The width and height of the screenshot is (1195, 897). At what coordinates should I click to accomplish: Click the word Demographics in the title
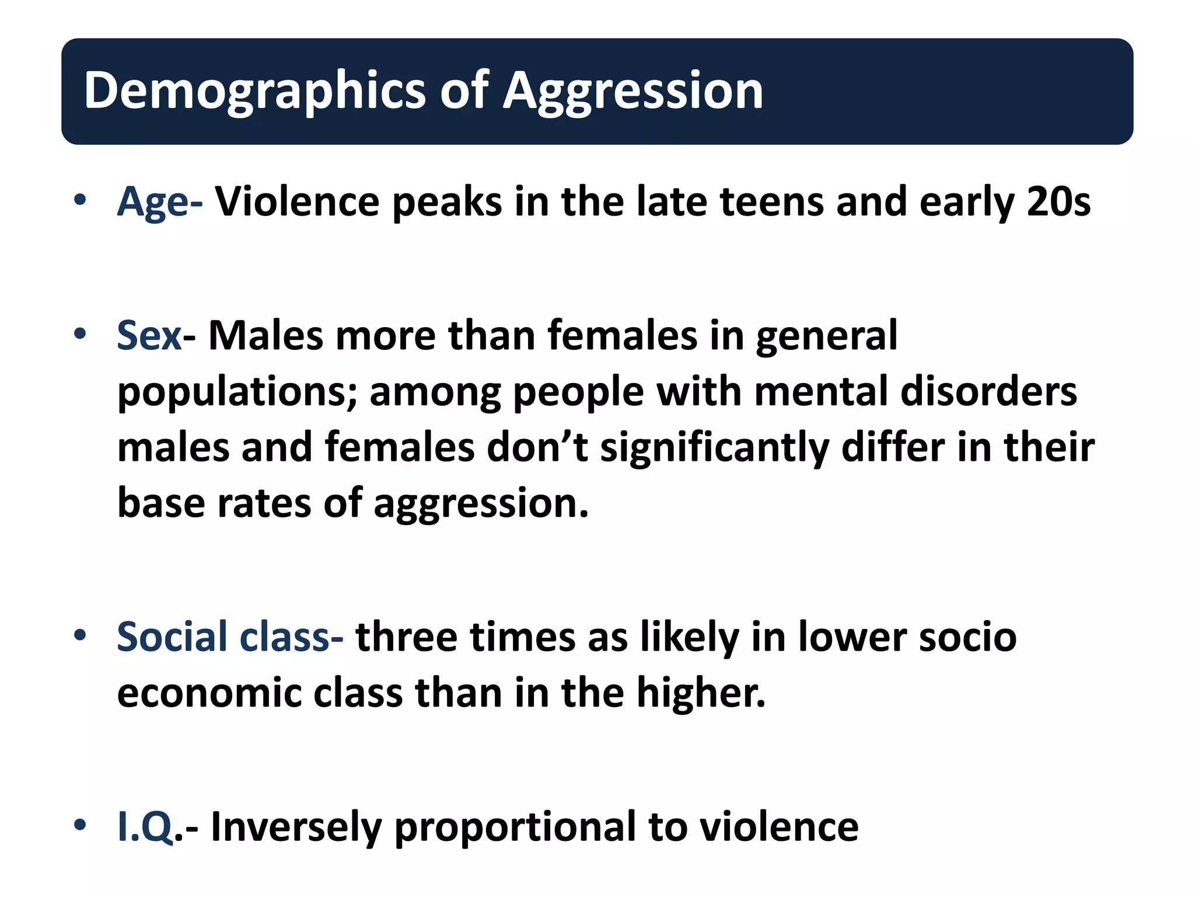(x=254, y=91)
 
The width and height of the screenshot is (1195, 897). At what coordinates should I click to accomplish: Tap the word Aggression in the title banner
(x=633, y=91)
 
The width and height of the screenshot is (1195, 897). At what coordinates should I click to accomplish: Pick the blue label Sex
(x=149, y=336)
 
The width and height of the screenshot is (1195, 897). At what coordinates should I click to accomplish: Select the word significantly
(x=714, y=448)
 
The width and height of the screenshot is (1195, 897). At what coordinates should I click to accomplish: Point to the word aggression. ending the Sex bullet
(x=481, y=504)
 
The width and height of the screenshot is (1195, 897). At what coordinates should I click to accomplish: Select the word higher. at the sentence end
(x=701, y=693)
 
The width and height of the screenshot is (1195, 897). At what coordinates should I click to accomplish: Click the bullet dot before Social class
(x=81, y=635)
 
